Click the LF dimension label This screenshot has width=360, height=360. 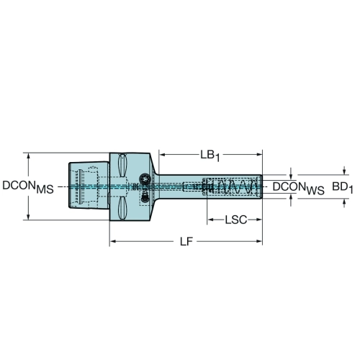pos(186,242)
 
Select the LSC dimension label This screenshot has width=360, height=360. pos(236,220)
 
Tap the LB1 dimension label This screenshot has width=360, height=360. pos(210,156)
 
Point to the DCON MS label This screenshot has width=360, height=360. pos(28,187)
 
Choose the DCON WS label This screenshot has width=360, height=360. pos(299,188)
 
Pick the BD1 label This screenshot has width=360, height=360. pos(343,187)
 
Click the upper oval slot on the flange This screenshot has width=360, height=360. pos(122,166)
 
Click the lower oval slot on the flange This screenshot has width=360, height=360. pos(122,208)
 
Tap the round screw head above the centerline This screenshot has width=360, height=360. pos(145,179)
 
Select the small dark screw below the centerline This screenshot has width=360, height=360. pos(144,197)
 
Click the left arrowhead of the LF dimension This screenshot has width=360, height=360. pos(113,241)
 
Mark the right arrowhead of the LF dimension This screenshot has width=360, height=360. pos(259,241)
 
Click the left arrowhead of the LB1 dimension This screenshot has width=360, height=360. pos(163,155)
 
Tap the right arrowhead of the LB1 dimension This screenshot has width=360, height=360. pos(259,155)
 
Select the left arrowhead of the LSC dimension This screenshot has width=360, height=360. pos(210,220)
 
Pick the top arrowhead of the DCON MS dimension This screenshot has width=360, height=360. pos(28,156)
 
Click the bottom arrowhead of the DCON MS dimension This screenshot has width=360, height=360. pos(28,217)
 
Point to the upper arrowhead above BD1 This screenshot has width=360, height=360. pos(344,172)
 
